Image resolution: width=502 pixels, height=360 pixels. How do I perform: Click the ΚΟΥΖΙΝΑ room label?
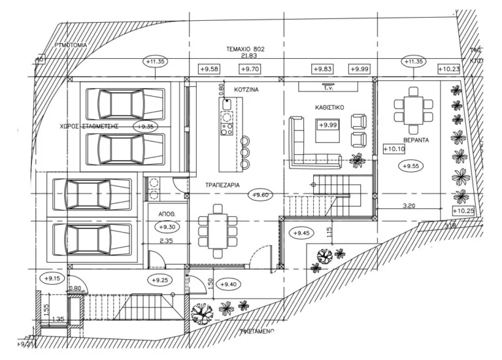point(248,91)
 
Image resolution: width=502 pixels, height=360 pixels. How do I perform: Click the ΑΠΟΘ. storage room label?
point(165,214)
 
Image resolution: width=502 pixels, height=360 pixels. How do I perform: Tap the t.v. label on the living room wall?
point(327,86)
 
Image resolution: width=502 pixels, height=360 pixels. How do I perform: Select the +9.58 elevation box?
point(208,69)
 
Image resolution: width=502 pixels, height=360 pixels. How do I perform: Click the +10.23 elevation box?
point(449,69)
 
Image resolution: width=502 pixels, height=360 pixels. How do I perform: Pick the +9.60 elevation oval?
point(261,194)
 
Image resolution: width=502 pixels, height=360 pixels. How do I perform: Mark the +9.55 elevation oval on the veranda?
point(412,166)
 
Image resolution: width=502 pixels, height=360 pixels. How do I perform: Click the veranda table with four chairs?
point(412,107)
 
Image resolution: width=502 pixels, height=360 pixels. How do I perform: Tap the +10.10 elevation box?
point(394,149)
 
